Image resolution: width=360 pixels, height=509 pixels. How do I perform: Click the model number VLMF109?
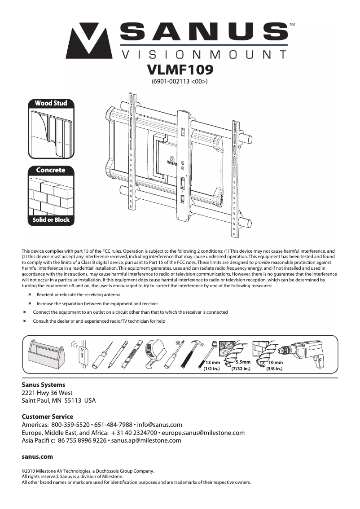(180, 70)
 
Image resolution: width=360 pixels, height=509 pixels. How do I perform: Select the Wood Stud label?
(51, 103)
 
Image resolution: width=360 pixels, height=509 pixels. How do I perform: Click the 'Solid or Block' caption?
(51, 220)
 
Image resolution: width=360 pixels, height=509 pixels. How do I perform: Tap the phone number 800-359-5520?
(70, 425)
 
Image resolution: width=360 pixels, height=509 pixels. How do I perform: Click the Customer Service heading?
(48, 417)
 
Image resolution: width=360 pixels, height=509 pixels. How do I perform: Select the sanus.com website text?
(37, 456)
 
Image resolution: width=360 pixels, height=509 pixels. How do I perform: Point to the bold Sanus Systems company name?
(44, 385)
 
